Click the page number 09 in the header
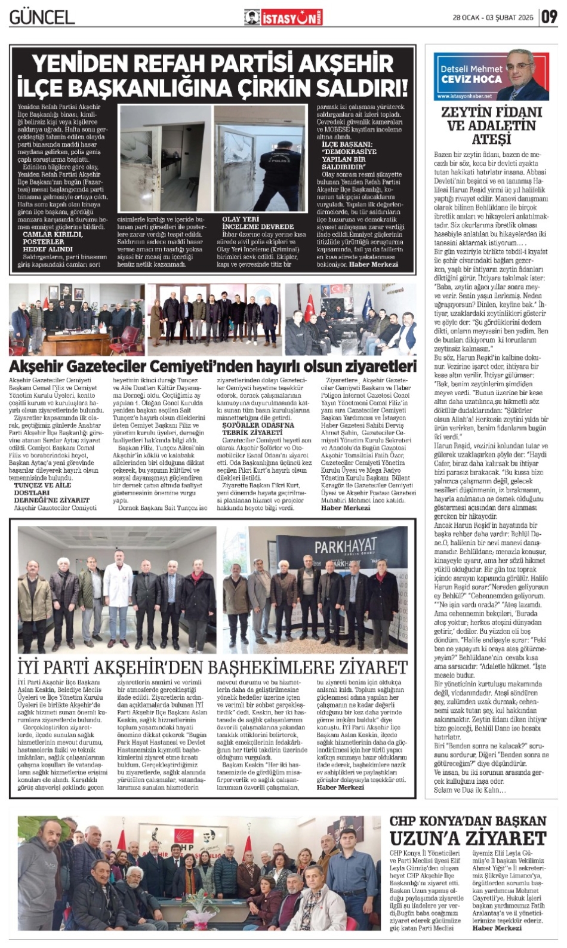(548, 17)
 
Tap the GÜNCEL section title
(42, 17)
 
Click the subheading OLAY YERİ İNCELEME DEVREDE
(258, 223)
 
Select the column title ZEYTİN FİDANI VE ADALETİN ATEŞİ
(491, 125)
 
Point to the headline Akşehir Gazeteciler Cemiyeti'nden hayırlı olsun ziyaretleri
(212, 365)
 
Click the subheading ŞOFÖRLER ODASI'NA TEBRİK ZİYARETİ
(258, 429)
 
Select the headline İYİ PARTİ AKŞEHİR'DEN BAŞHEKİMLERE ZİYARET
(212, 666)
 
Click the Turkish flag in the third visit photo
(309, 305)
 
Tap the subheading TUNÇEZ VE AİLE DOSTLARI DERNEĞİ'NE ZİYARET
(52, 493)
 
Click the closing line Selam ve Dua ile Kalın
(470, 790)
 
